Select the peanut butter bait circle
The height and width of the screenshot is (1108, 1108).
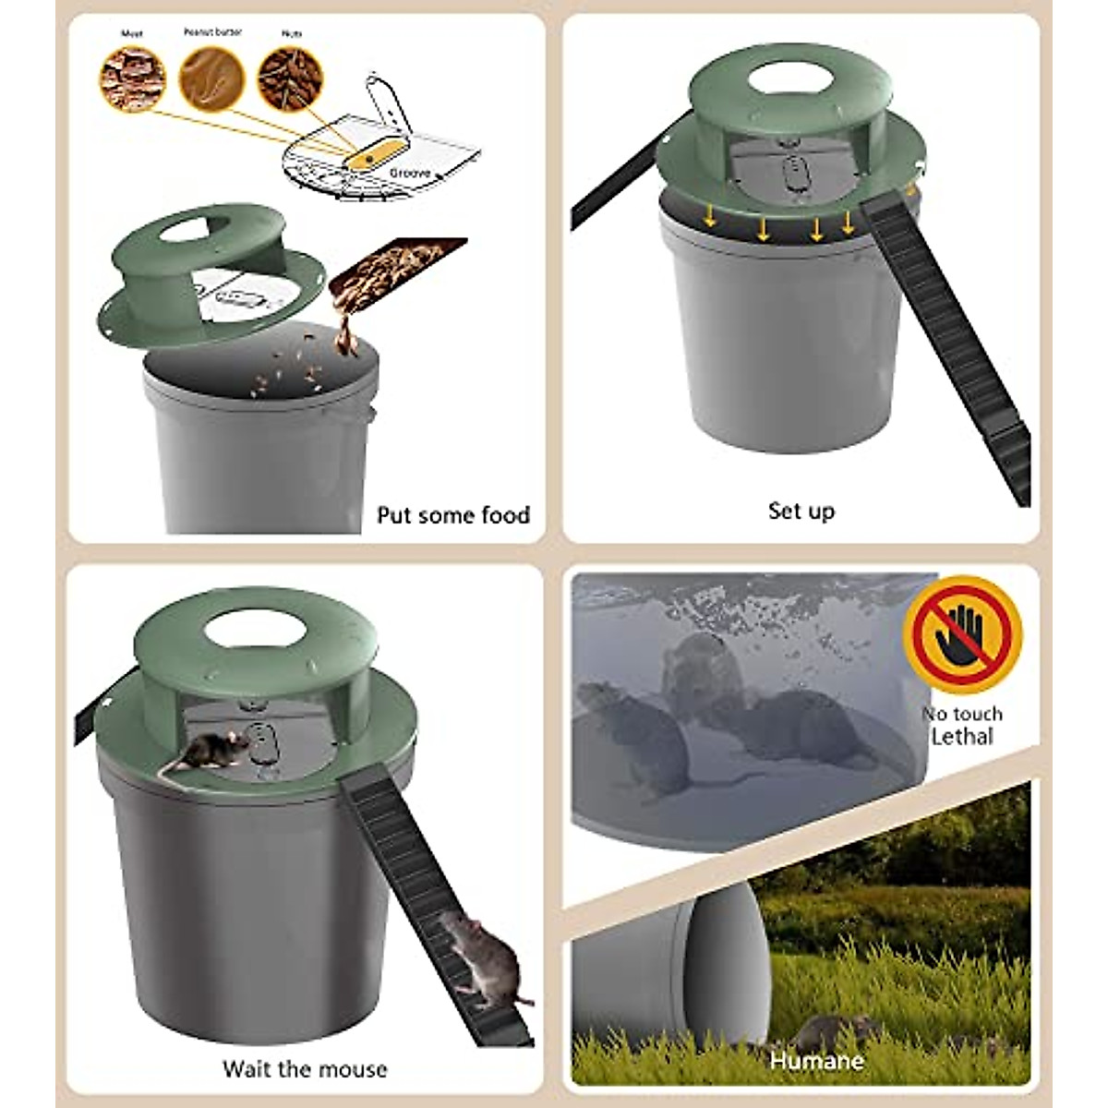click(211, 78)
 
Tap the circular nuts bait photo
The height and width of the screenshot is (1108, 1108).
click(291, 78)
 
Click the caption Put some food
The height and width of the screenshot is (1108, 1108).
click(453, 514)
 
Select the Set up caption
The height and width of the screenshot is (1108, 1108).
click(801, 511)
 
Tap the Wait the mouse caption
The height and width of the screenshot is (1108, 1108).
click(305, 1069)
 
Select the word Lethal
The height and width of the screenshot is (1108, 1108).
click(962, 737)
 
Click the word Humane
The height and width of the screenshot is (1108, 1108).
click(816, 1061)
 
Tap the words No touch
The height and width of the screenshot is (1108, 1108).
click(962, 714)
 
